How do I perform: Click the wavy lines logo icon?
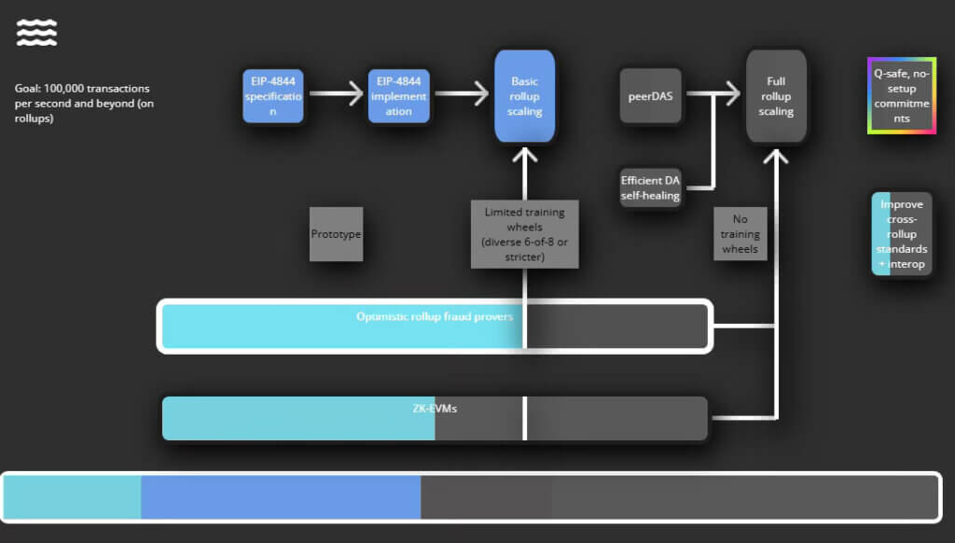(36, 34)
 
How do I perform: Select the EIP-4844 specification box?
(273, 96)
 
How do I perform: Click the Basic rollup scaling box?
(525, 96)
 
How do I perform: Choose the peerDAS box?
(651, 95)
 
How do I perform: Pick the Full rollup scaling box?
(776, 96)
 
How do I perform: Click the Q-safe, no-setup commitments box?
(901, 96)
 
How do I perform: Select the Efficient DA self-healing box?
(651, 188)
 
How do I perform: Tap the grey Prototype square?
(336, 233)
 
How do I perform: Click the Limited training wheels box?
(524, 234)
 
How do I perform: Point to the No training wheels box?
(740, 234)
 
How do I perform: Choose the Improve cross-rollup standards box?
(901, 234)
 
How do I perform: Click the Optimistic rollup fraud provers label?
(435, 316)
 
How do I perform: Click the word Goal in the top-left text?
(26, 89)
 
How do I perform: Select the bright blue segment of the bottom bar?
(281, 497)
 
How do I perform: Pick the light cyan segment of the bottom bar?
(73, 497)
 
